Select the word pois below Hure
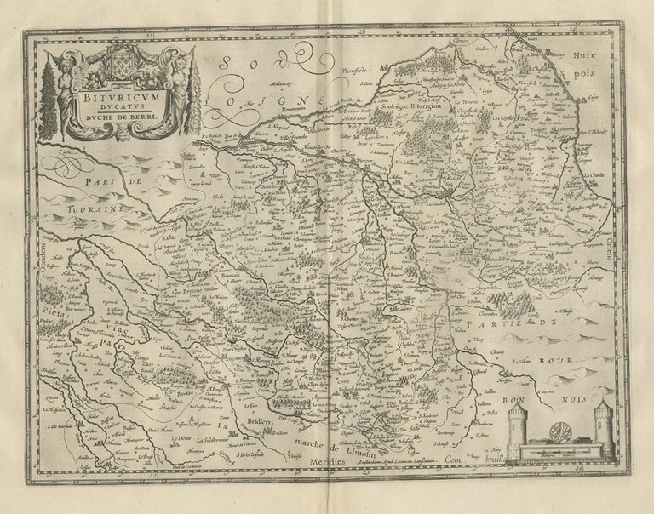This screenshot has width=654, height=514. pos(593,84)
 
